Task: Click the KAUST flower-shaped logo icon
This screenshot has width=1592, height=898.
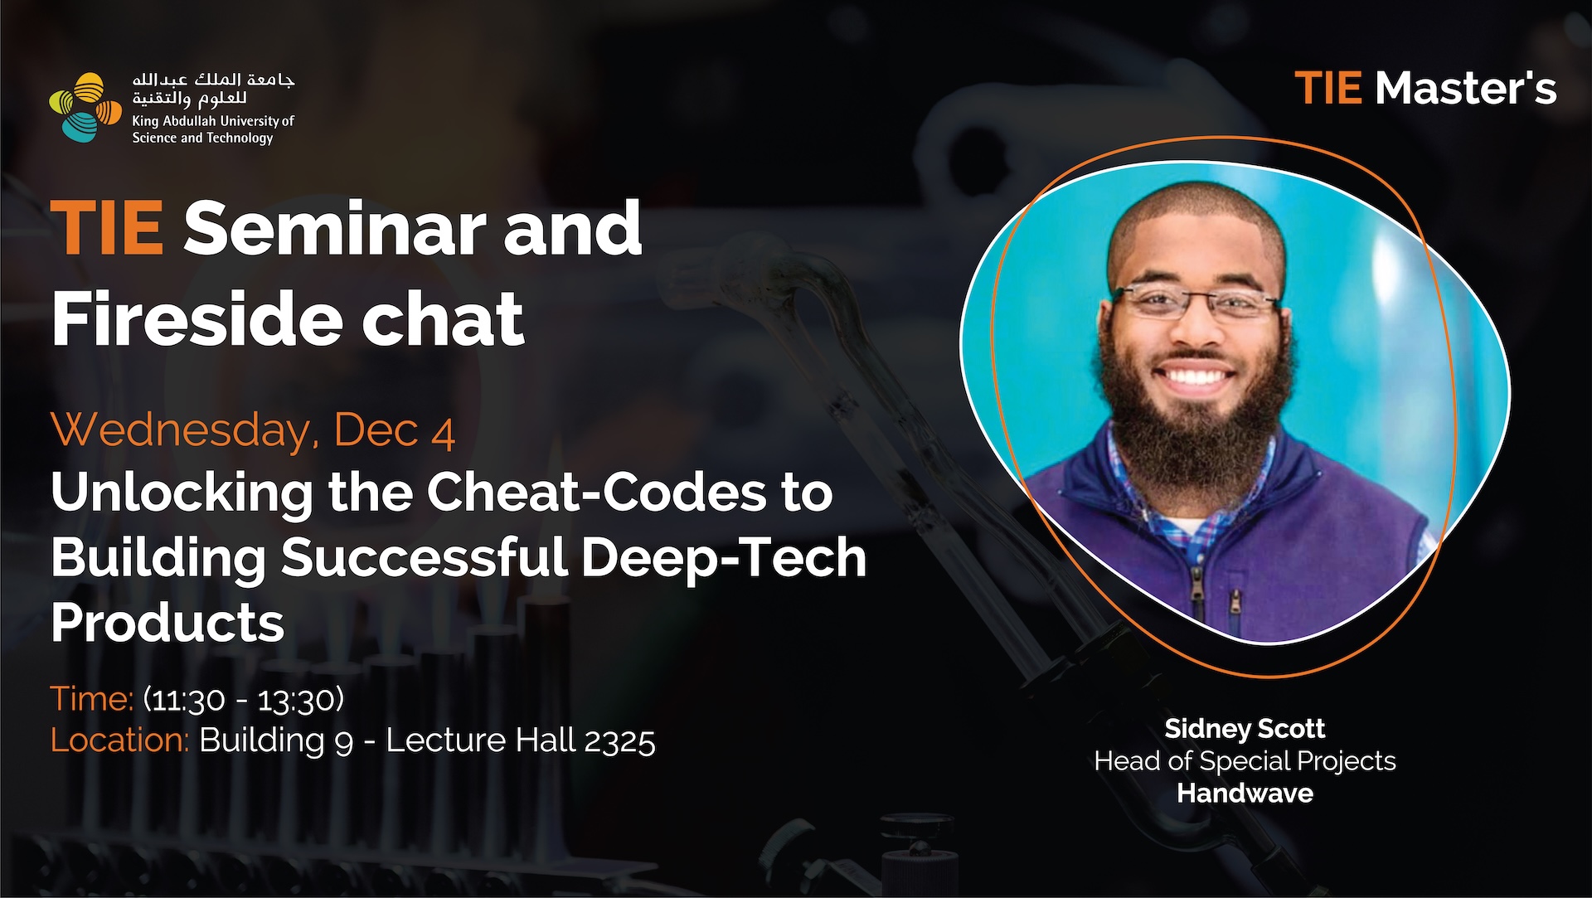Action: click(85, 107)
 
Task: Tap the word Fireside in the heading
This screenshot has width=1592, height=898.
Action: click(197, 318)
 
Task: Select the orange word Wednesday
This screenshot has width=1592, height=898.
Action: click(184, 430)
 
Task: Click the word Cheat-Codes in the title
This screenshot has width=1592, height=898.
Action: click(596, 493)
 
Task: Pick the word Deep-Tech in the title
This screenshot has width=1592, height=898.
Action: click(723, 557)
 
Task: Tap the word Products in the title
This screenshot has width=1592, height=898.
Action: click(167, 622)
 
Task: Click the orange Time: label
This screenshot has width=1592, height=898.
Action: click(92, 699)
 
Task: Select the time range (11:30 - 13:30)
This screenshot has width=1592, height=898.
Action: click(244, 700)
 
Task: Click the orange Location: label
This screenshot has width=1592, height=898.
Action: click(120, 740)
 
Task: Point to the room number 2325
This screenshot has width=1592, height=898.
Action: click(619, 740)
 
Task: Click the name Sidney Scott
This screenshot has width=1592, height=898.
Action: click(1245, 729)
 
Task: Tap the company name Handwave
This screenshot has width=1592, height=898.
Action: click(1245, 794)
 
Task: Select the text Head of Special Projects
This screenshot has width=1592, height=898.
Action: click(1245, 761)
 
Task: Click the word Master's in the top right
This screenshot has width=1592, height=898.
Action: click(1465, 88)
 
